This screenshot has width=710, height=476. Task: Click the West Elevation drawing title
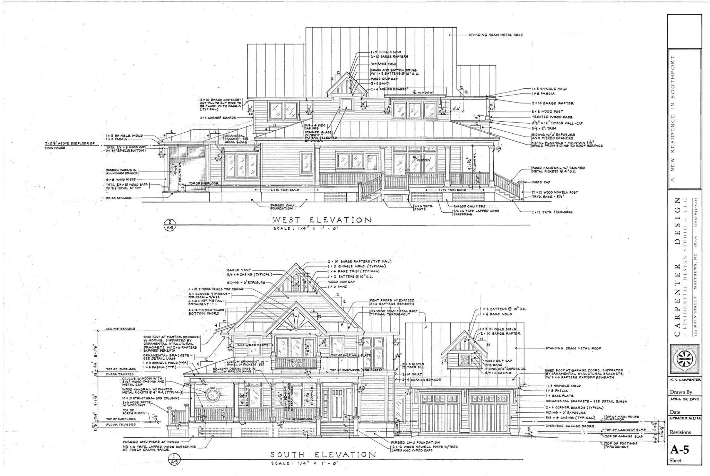pos(322,220)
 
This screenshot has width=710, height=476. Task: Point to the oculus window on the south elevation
pos(212,395)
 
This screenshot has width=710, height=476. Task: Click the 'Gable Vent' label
pos(239,270)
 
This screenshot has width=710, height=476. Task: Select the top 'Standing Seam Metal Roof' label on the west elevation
pos(496,35)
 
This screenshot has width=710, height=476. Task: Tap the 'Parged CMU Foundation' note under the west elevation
pos(282,207)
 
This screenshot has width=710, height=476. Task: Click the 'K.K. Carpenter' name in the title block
pos(684,380)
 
